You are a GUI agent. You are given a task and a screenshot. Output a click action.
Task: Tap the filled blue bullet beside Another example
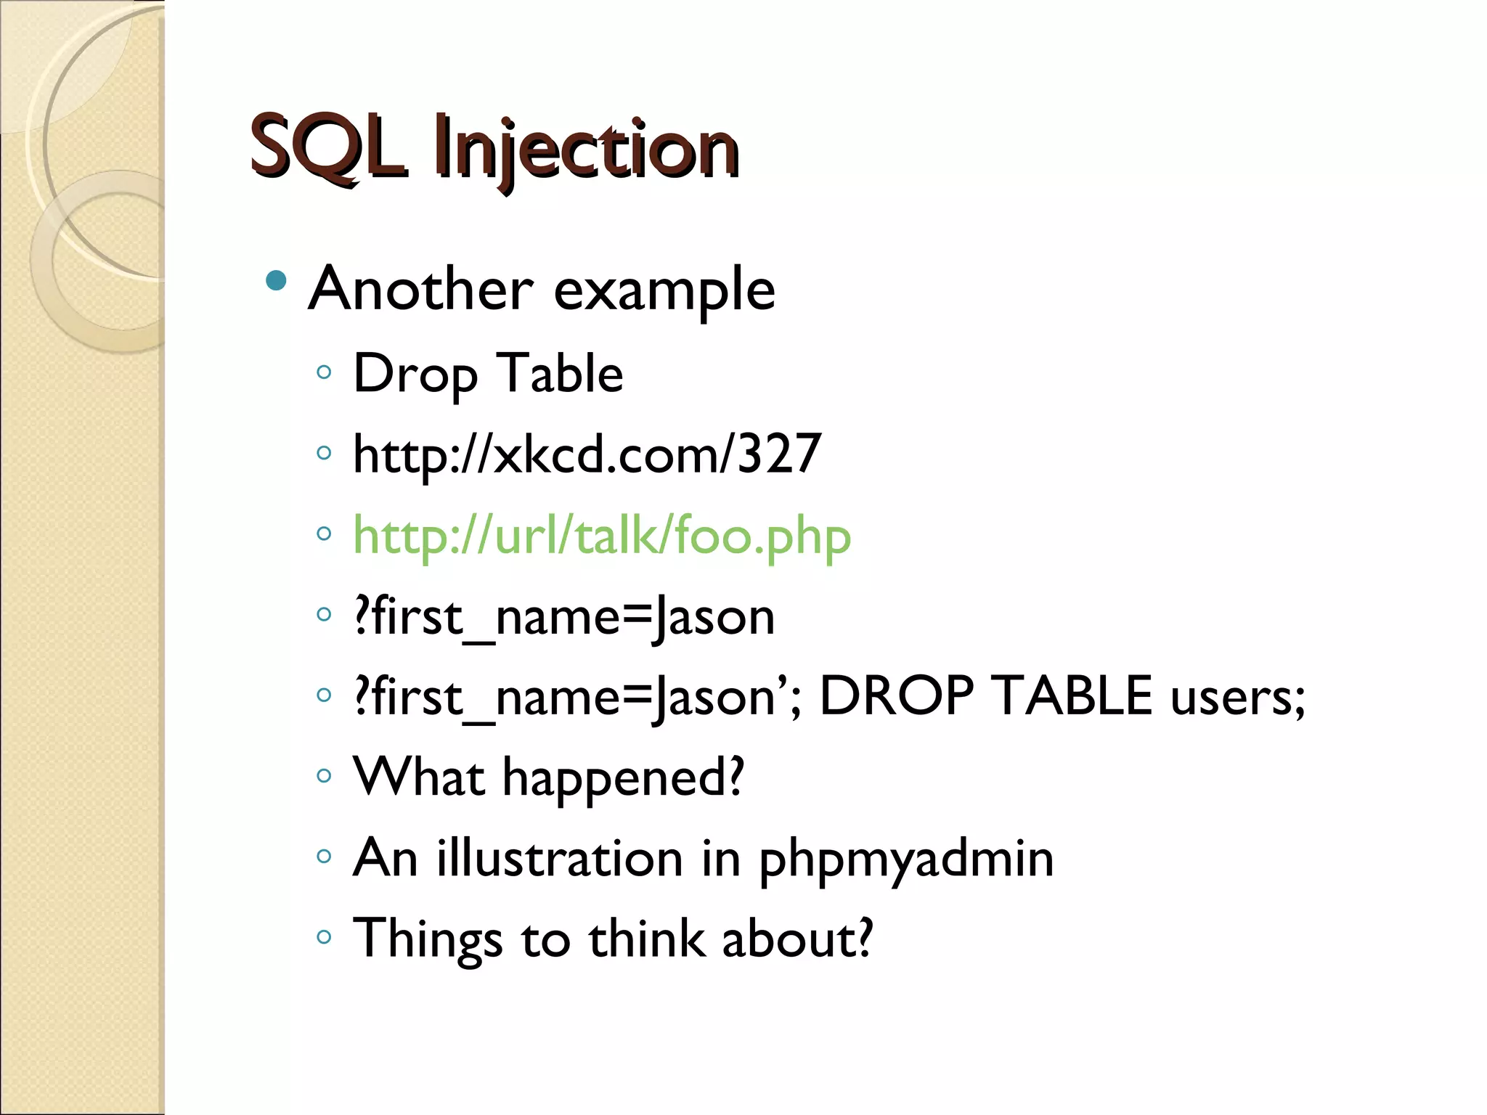tap(276, 280)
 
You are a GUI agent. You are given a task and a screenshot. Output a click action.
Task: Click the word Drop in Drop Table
tap(415, 375)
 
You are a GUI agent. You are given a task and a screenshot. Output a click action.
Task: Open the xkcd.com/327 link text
tap(587, 454)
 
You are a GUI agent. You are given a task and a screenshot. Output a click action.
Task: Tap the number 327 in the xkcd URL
tap(779, 454)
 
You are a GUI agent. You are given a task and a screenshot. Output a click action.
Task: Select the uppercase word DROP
tap(896, 695)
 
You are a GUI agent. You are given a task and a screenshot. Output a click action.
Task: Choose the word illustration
tap(560, 858)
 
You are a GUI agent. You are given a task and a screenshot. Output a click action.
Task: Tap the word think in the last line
tap(646, 939)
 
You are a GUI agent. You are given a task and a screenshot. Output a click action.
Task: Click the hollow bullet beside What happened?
tap(324, 775)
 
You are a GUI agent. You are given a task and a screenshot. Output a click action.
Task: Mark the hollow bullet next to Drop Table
tap(324, 372)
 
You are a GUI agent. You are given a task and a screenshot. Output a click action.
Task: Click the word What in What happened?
tap(418, 777)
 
